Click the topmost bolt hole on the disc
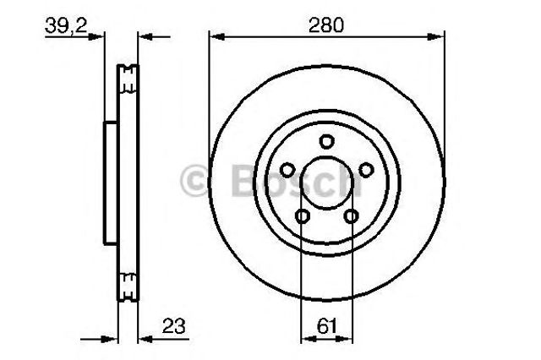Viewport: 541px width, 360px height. point(327,141)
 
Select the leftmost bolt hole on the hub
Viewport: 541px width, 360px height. point(286,170)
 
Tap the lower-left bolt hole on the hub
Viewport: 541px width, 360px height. point(302,217)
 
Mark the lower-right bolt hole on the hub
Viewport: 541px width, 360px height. point(352,217)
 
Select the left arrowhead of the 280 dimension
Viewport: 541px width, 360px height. point(214,36)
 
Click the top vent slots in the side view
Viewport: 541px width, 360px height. point(128,79)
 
